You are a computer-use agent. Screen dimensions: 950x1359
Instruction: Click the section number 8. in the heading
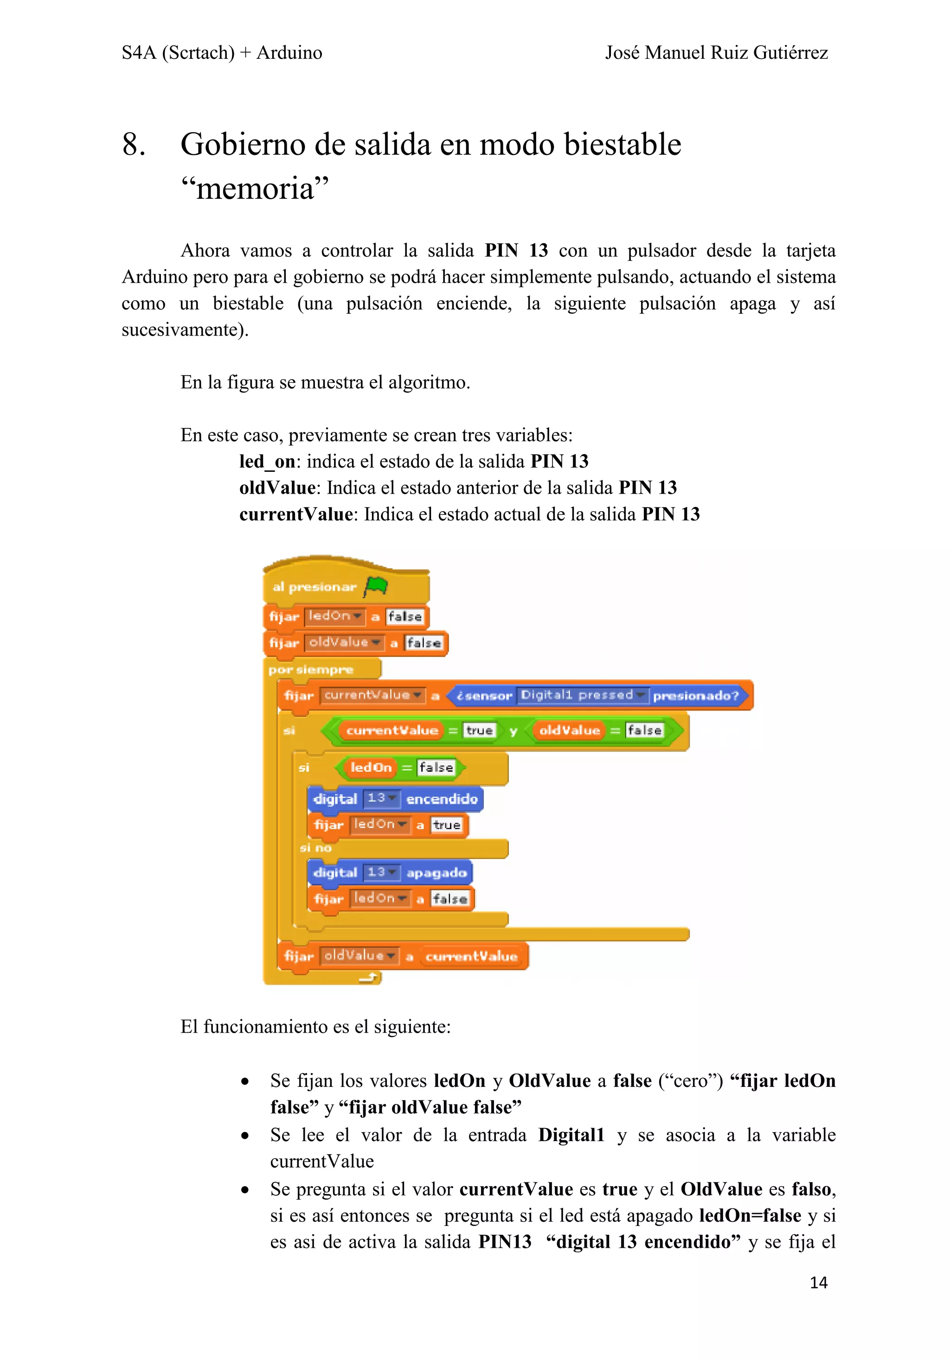tap(134, 145)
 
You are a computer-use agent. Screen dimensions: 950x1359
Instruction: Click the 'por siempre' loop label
tap(310, 669)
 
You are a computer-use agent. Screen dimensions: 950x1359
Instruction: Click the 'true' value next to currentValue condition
tap(479, 730)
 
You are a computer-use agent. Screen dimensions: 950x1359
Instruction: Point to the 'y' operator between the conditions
tap(513, 731)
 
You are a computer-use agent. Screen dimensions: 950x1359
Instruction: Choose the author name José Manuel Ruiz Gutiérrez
tap(716, 53)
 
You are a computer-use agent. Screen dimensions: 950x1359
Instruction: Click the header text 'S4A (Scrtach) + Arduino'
tap(222, 53)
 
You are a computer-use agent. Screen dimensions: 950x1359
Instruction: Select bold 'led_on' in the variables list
tap(267, 461)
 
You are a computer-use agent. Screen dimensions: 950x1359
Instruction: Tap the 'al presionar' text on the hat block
tap(314, 587)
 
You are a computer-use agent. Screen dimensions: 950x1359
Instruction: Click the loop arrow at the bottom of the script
tap(370, 978)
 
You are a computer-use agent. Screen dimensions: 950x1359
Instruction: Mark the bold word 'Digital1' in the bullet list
tap(571, 1135)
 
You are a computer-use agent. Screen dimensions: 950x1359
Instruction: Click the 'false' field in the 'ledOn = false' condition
tap(436, 768)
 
